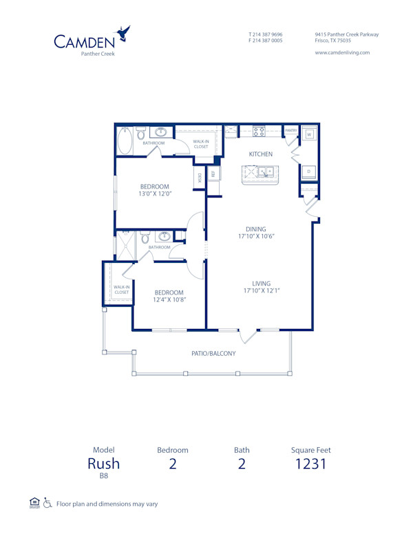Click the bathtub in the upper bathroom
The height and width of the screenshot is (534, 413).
pyautogui.click(x=125, y=140)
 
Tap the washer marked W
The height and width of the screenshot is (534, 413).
pyautogui.click(x=309, y=135)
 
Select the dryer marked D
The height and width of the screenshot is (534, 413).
pyautogui.click(x=309, y=171)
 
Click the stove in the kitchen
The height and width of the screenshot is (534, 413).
pyautogui.click(x=260, y=131)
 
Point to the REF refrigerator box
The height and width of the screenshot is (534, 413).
pyautogui.click(x=213, y=174)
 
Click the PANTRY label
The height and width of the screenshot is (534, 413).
pyautogui.click(x=291, y=129)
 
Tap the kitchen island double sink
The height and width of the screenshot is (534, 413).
pyautogui.click(x=266, y=171)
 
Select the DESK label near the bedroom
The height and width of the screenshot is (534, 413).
pyautogui.click(x=200, y=178)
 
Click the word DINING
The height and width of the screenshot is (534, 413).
pyautogui.click(x=256, y=229)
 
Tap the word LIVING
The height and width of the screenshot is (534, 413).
pyautogui.click(x=261, y=284)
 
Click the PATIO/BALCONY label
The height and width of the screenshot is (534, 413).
pyautogui.click(x=213, y=354)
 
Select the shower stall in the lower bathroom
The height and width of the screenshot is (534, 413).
pyautogui.click(x=125, y=246)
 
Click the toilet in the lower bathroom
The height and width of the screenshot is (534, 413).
pyautogui.click(x=144, y=237)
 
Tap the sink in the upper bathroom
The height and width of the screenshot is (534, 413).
pyautogui.click(x=162, y=132)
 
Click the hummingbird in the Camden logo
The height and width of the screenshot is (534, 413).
pyautogui.click(x=124, y=32)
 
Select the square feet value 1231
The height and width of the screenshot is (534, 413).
pyautogui.click(x=311, y=463)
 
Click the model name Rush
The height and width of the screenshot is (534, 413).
pyautogui.click(x=104, y=463)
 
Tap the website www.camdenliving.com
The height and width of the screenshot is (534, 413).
pyautogui.click(x=342, y=52)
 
